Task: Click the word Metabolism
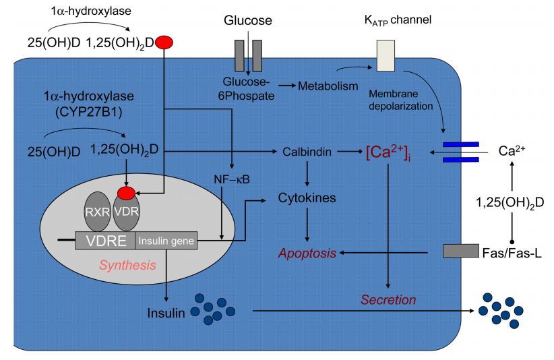tap(328, 86)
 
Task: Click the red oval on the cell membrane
tap(164, 43)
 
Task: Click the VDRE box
tap(105, 239)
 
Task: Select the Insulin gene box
tap(166, 239)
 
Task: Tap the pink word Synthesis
tap(127, 265)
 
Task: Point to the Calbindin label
tap(307, 152)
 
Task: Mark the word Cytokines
tap(307, 199)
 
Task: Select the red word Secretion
tap(388, 299)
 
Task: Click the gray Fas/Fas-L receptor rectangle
tap(461, 251)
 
